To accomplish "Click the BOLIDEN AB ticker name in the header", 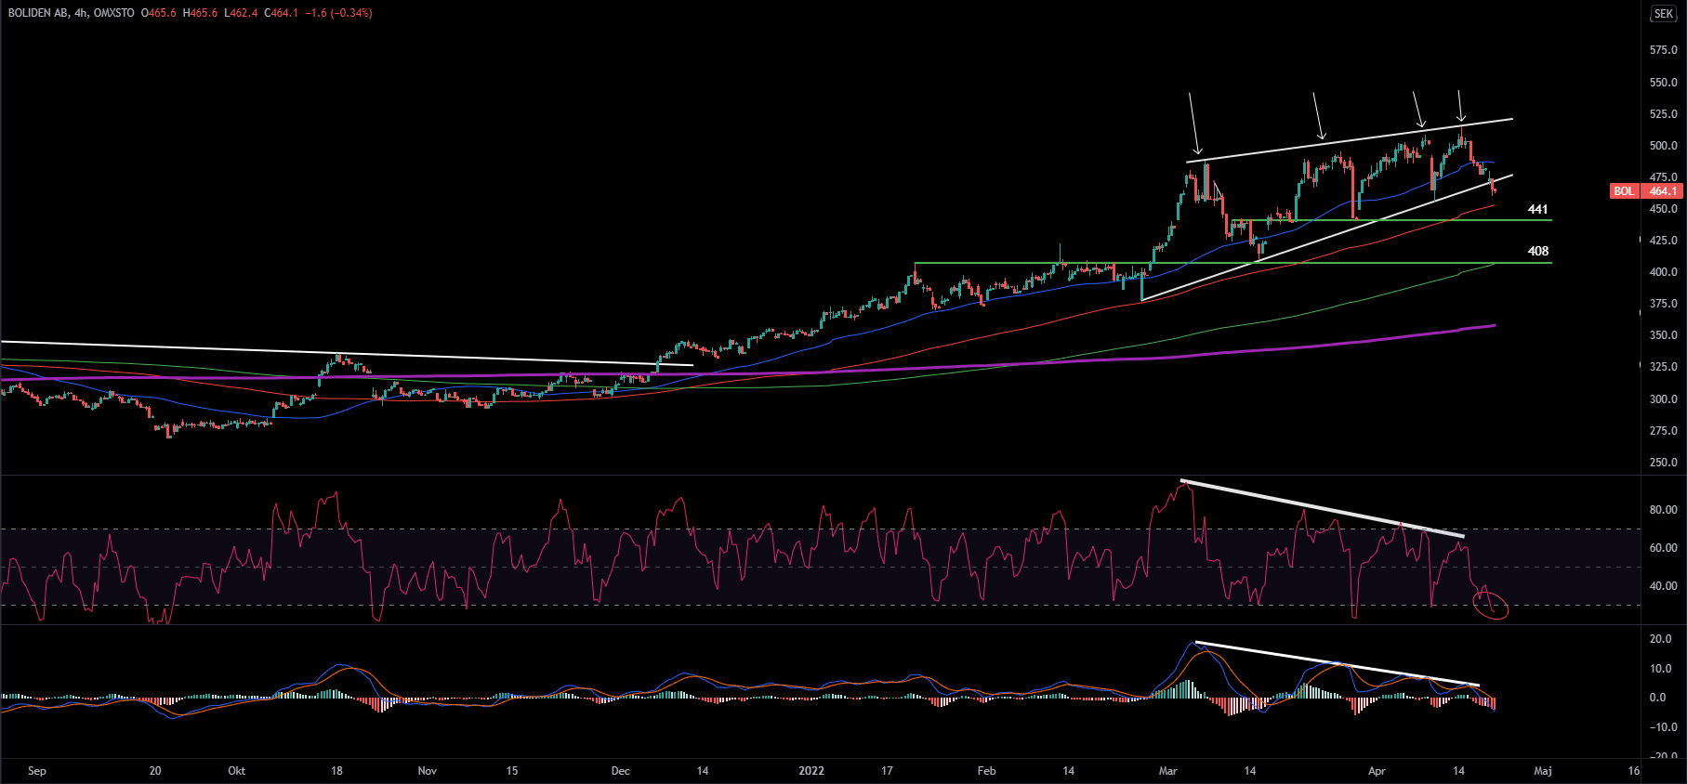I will click(37, 13).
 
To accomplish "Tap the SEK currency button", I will click(1663, 14).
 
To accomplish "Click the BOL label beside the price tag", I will click(1624, 191).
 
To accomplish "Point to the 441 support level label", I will click(1537, 210).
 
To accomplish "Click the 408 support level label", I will click(1537, 251).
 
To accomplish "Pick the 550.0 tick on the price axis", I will click(1663, 83).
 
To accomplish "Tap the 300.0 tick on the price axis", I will click(1663, 399).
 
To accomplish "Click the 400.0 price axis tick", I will click(1663, 272).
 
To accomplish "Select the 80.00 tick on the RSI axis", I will click(1663, 510).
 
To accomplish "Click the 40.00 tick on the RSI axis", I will click(1663, 586).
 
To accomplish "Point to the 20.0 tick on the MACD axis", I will click(1660, 639).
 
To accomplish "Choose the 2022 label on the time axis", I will click(811, 771).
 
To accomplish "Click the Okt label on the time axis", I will click(237, 771).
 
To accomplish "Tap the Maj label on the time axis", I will click(1543, 771).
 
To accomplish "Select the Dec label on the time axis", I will click(621, 771).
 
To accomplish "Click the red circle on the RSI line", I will click(1491, 607).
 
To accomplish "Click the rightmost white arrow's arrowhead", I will click(1461, 120).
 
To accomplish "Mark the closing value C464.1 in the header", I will click(281, 13).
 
